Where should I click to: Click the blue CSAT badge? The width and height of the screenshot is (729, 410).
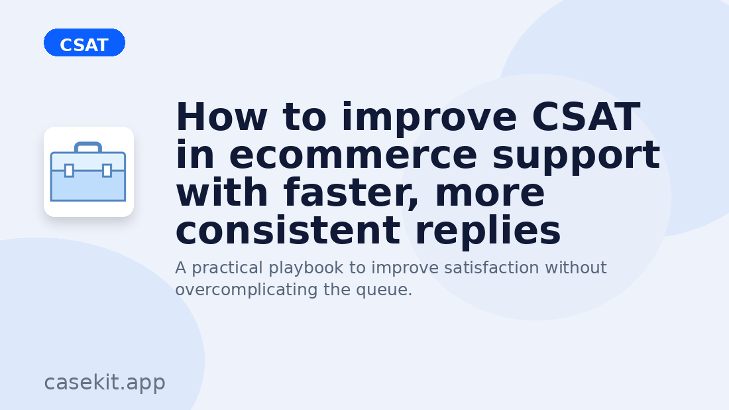pyautogui.click(x=84, y=43)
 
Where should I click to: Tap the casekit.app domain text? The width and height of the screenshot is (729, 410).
pyautogui.click(x=105, y=382)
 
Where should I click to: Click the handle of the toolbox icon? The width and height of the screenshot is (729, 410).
pyautogui.click(x=87, y=147)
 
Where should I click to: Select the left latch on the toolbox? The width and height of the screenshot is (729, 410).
pyautogui.click(x=69, y=171)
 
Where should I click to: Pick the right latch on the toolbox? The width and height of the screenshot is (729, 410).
pyautogui.click(x=107, y=171)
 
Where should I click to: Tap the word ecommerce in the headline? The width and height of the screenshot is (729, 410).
pyautogui.click(x=353, y=155)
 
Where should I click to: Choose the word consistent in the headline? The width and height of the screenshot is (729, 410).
pyautogui.click(x=288, y=231)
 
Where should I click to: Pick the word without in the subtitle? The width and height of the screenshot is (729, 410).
pyautogui.click(x=575, y=267)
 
